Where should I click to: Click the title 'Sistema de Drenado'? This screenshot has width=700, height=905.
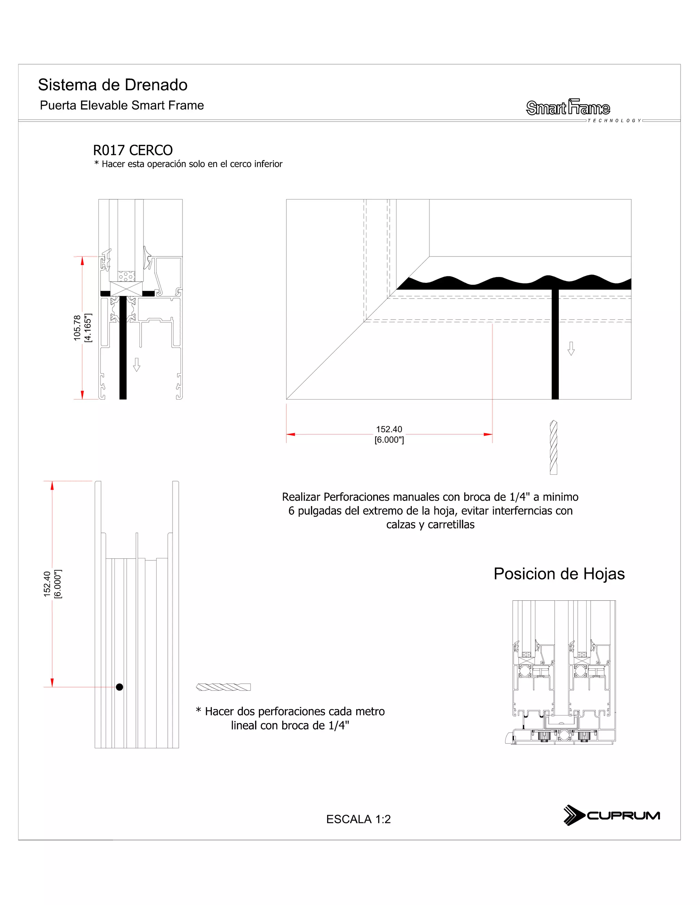point(112,85)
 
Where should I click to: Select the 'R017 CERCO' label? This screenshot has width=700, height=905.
point(133,150)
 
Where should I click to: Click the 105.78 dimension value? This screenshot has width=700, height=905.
point(77,328)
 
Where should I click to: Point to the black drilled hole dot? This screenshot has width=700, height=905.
point(119,687)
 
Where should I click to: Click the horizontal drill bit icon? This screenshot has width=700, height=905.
point(223,687)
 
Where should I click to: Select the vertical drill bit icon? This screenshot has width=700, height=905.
point(553,447)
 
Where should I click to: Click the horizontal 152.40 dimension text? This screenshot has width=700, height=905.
point(389,429)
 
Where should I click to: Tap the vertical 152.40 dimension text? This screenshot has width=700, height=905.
point(47,584)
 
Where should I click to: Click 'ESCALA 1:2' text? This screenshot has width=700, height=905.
point(358,819)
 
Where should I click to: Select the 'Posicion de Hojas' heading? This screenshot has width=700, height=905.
point(559,574)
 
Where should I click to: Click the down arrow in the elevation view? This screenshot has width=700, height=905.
point(571,348)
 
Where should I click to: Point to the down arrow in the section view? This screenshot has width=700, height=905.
point(136,365)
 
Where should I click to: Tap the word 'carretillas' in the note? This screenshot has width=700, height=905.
point(451,525)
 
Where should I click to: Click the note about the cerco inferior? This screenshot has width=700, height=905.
point(188,164)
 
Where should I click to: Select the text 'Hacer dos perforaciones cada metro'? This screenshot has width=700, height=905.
point(290,711)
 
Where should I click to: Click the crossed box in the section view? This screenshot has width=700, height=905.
point(126,289)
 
